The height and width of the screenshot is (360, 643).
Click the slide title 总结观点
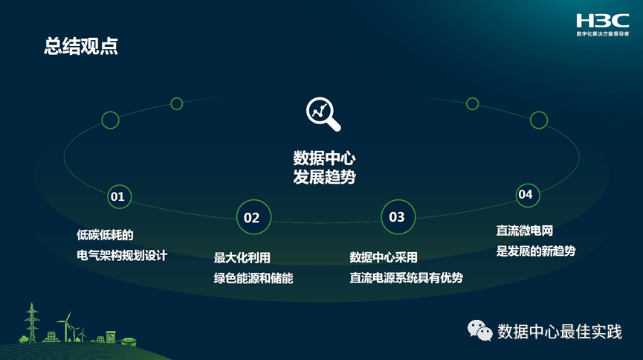81,47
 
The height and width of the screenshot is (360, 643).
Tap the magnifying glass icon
322,112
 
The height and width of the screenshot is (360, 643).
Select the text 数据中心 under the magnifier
324,158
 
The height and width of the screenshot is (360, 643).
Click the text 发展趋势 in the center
324,178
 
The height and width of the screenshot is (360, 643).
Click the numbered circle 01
117,196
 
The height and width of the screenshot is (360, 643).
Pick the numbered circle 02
253,217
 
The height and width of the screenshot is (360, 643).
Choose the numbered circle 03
397,216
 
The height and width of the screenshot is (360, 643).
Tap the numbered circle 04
526,195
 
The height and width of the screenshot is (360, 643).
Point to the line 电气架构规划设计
122,255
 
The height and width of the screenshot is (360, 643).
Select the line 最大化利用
242,258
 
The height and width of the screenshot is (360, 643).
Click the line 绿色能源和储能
253,278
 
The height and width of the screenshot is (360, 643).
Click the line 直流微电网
525,231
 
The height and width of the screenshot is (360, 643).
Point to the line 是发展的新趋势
535,251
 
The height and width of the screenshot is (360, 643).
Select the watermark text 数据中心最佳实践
559,331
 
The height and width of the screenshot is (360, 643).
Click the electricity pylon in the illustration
31,321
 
